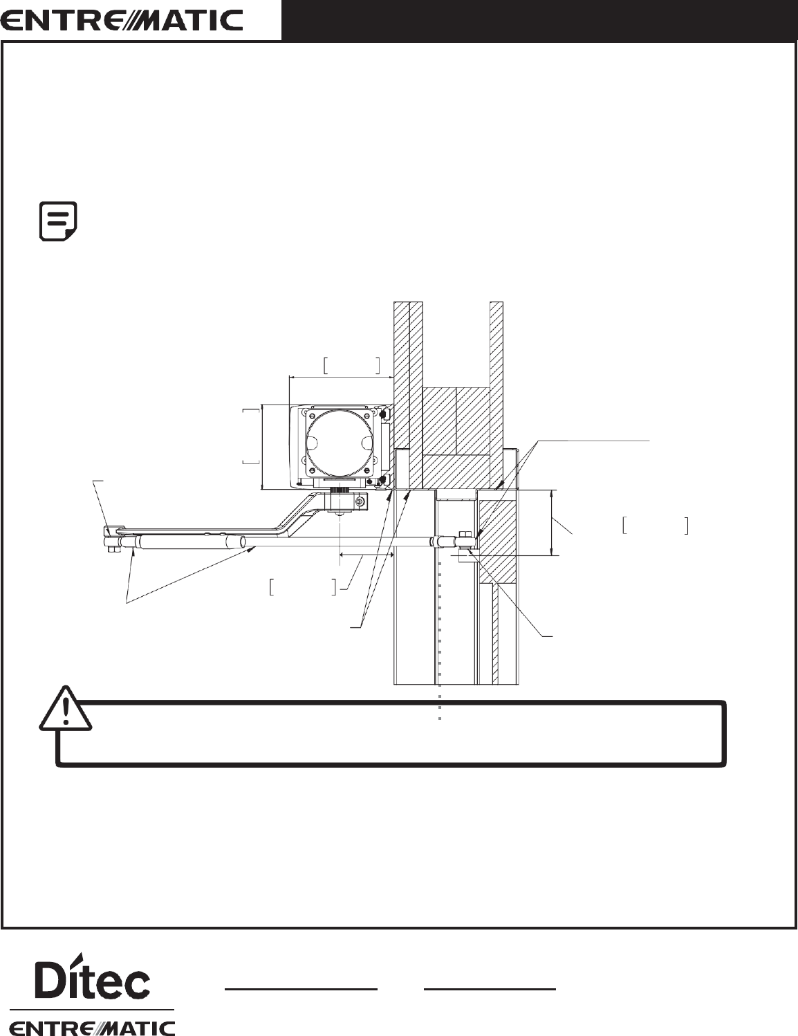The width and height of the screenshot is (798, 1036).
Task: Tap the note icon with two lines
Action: click(58, 221)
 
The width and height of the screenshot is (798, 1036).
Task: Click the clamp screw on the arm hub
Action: click(360, 501)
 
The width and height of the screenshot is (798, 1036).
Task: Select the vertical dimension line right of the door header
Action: click(551, 522)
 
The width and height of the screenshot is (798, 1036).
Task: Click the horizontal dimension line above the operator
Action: click(341, 377)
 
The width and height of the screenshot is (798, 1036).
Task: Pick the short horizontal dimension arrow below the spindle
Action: click(366, 555)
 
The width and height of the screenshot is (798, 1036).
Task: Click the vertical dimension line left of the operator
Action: click(261, 447)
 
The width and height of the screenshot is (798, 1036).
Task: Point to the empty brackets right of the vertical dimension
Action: click(654, 526)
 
